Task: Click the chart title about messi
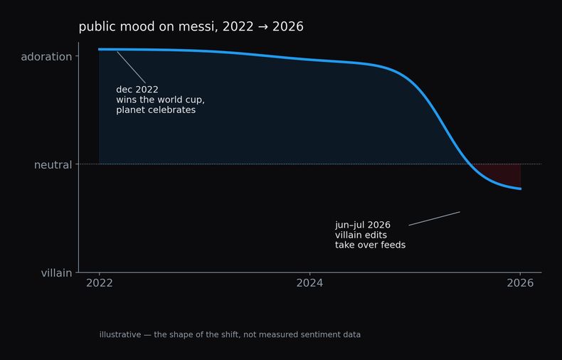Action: [191, 27]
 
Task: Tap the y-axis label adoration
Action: [46, 57]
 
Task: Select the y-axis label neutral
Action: [53, 165]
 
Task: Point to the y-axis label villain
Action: [57, 273]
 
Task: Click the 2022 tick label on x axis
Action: [100, 283]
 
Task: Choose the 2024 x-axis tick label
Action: [309, 283]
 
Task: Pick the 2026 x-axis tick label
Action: [520, 283]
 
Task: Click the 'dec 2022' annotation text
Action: [137, 90]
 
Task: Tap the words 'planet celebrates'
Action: [156, 110]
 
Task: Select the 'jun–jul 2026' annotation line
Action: [363, 226]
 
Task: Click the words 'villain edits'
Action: [361, 235]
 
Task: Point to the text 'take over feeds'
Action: [370, 245]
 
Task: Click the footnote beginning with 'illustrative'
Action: [230, 335]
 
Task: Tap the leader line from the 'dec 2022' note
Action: [131, 68]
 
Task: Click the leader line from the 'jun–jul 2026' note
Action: [435, 218]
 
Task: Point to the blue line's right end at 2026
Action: [521, 189]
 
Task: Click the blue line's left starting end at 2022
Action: [100, 50]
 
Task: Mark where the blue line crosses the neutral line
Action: [470, 164]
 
